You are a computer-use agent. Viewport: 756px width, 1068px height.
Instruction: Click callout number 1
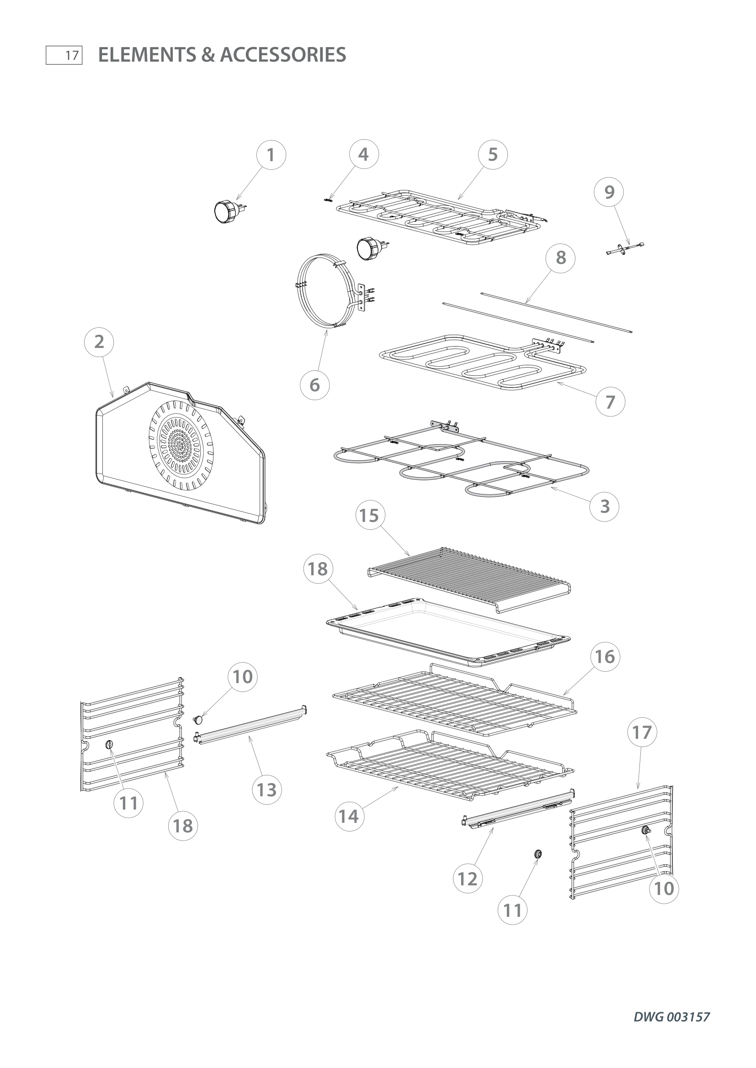[271, 155]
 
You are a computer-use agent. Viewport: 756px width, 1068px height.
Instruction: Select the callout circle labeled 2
[99, 342]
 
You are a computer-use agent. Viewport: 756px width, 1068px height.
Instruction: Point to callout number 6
[314, 385]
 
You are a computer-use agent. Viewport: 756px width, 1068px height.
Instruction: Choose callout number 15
[370, 516]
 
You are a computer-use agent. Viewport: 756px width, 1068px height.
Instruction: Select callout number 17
[641, 732]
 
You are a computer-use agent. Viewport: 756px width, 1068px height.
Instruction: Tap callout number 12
[468, 879]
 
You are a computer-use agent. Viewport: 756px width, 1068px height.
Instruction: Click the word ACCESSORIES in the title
[282, 55]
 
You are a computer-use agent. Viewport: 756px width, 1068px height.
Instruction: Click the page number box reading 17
[64, 55]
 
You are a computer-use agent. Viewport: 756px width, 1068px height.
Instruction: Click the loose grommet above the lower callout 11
[538, 853]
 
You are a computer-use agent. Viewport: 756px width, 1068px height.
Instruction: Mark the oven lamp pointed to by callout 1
[225, 210]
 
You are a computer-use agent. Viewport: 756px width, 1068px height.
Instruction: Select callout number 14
[349, 816]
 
